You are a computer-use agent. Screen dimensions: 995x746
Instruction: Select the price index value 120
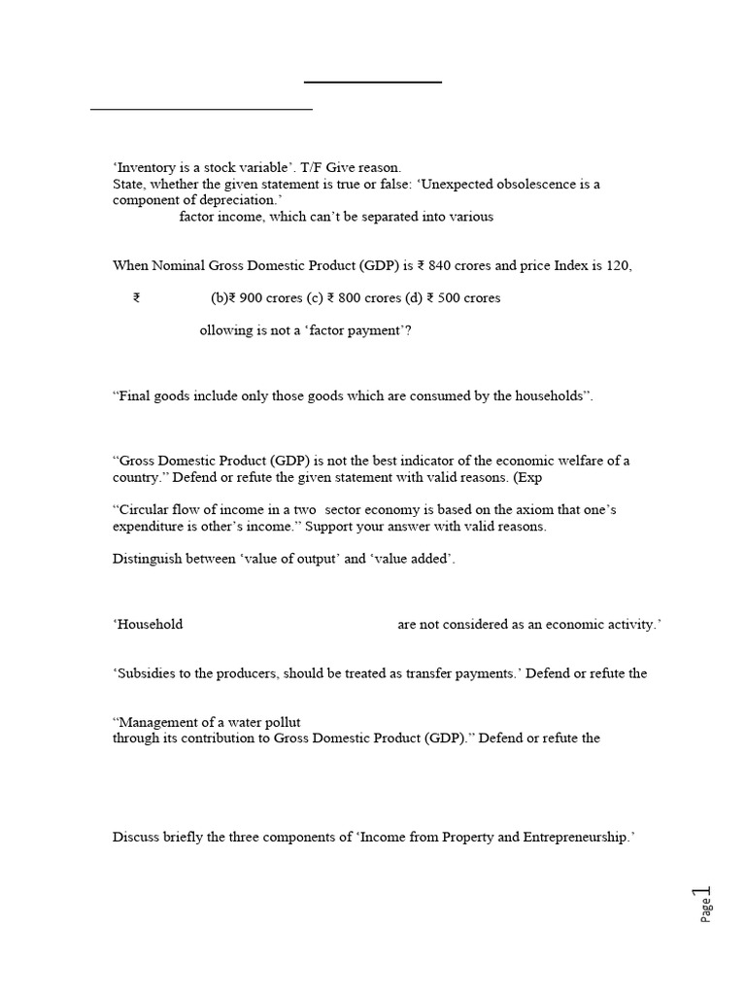pos(619,265)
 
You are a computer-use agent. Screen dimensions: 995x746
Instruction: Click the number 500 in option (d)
pos(451,298)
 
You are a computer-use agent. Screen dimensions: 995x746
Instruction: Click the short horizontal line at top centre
pos(373,83)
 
